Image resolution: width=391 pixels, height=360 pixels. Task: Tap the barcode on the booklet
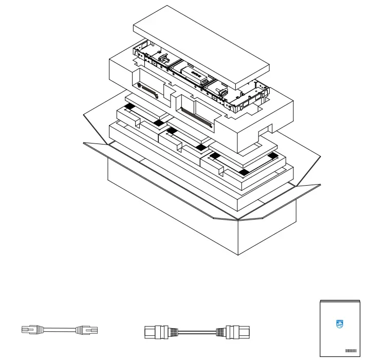[x=351, y=350]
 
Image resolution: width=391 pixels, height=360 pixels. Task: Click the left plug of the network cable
[x=32, y=330]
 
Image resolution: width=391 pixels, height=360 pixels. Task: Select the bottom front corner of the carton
[x=237, y=254]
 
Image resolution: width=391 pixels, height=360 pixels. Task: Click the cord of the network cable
[x=59, y=330]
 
